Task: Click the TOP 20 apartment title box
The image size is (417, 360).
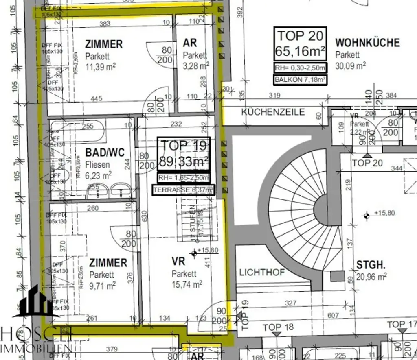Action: (x=300, y=44)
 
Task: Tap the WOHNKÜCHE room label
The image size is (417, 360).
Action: (x=367, y=42)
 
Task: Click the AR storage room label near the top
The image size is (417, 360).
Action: (x=190, y=43)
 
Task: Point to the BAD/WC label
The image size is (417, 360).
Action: (x=105, y=153)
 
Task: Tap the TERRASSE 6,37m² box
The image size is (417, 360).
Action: (x=184, y=190)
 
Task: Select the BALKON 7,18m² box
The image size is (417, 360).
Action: (x=300, y=80)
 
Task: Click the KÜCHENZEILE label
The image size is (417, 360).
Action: (x=273, y=111)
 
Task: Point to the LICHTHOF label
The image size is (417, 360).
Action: (x=262, y=272)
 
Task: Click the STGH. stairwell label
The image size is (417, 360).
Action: (x=371, y=266)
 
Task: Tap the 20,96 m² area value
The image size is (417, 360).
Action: (x=371, y=277)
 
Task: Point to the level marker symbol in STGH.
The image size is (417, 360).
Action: (x=367, y=216)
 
